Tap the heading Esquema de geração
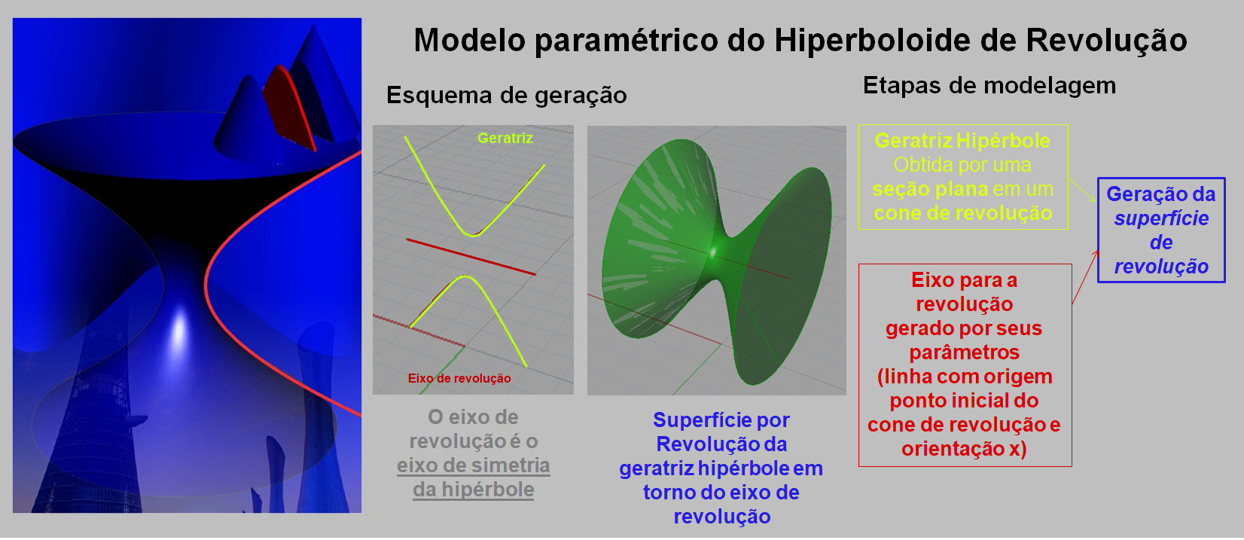[507, 95]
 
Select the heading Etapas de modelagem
[989, 86]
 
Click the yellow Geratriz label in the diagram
[505, 138]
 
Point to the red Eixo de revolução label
[459, 378]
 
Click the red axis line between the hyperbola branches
[471, 257]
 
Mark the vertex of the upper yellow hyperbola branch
[473, 236]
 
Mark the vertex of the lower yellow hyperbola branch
[465, 276]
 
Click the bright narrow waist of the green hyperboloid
[715, 251]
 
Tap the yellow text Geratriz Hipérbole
[962, 141]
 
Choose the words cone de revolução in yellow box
[963, 213]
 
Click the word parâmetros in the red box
[964, 352]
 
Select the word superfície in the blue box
[1161, 218]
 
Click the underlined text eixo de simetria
[473, 465]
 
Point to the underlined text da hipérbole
[473, 490]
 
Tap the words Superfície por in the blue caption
[721, 420]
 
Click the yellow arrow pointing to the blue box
[1082, 190]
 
